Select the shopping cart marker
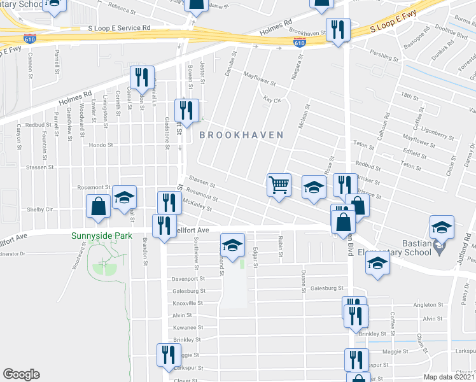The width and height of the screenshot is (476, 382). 279,185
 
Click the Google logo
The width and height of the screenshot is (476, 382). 21,374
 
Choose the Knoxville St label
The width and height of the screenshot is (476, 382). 187,303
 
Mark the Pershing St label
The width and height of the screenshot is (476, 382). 385,57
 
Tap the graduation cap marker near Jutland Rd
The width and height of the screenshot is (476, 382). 442,227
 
